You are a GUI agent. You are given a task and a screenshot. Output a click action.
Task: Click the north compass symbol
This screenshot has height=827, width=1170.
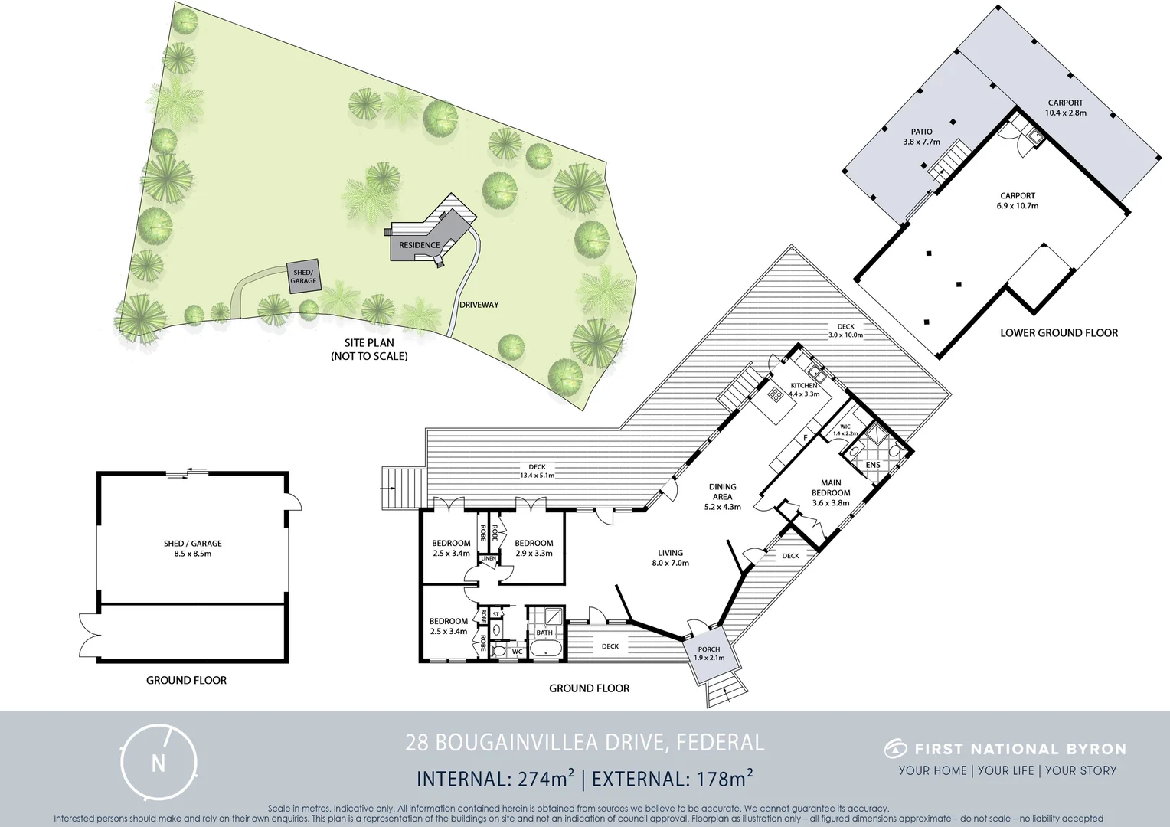tap(159, 762)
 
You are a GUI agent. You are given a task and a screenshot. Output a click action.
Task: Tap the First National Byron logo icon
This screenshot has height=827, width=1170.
tap(895, 748)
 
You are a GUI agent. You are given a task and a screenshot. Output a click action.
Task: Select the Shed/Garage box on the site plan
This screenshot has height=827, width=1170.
tap(303, 276)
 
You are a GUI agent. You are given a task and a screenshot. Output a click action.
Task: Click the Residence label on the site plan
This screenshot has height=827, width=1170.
tap(420, 245)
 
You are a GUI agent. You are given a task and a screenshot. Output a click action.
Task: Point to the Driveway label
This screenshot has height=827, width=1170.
tap(479, 305)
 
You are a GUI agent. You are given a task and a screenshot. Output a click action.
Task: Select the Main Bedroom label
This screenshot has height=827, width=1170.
tap(831, 488)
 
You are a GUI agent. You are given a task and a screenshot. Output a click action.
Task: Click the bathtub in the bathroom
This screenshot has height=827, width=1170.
tap(544, 651)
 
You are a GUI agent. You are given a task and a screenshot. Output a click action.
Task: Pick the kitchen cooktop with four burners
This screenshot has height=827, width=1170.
tap(775, 395)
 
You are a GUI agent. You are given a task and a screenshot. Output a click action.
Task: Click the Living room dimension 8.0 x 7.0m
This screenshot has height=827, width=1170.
tap(671, 563)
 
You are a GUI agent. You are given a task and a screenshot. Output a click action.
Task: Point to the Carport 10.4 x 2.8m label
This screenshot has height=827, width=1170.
tap(1065, 108)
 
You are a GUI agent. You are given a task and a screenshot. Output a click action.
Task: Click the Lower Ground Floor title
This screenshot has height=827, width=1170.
tap(1059, 333)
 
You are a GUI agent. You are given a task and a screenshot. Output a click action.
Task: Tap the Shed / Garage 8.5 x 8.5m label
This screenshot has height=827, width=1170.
tap(192, 548)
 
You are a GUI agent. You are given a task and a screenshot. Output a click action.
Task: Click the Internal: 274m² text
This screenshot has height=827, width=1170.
tap(495, 779)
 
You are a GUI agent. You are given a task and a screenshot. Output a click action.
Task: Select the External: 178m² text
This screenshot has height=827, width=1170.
tap(672, 779)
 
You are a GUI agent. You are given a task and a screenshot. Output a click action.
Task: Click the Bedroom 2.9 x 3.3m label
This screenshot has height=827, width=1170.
tap(534, 548)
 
